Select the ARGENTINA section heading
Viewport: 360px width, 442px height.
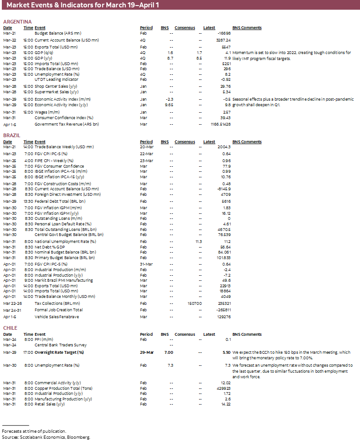pyautogui.click(x=17, y=22)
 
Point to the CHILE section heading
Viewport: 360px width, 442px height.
pyautogui.click(x=10, y=328)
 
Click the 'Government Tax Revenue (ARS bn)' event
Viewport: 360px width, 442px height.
pyautogui.click(x=67, y=124)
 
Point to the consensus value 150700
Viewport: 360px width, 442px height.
pyautogui.click(x=195, y=303)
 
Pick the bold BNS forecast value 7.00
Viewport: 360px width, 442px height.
pyautogui.click(x=169, y=352)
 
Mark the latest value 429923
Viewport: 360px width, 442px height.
pyautogui.click(x=223, y=388)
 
